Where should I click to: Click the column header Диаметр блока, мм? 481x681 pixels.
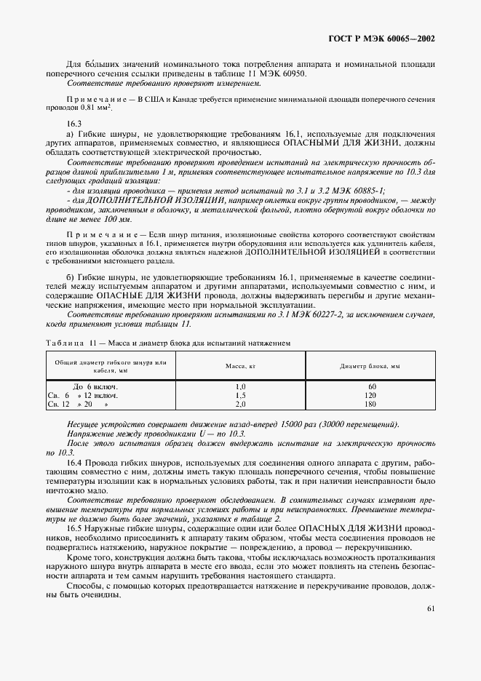[x=370, y=366]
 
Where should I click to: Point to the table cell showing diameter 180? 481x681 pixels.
[x=370, y=403]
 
